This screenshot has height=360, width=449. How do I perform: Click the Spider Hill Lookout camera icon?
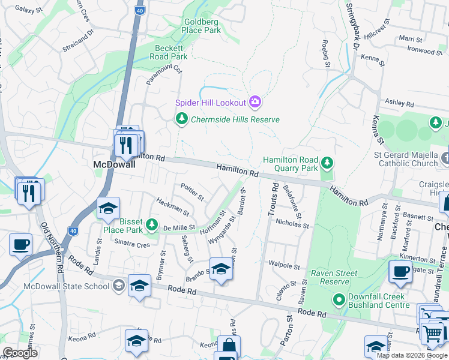click(x=255, y=102)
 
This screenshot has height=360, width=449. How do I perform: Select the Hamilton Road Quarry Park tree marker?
click(x=327, y=163)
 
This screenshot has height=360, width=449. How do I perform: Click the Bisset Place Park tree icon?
click(x=152, y=225)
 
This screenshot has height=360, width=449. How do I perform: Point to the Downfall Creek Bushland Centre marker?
click(x=339, y=299)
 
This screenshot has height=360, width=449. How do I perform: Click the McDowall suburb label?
click(x=112, y=164)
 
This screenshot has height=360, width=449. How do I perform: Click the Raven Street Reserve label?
click(x=334, y=277)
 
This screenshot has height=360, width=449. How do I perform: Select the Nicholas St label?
click(x=292, y=226)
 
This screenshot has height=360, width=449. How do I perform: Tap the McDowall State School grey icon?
click(x=119, y=286)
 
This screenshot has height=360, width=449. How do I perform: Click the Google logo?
click(x=20, y=353)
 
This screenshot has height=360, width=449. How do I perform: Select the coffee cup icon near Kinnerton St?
click(x=400, y=272)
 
